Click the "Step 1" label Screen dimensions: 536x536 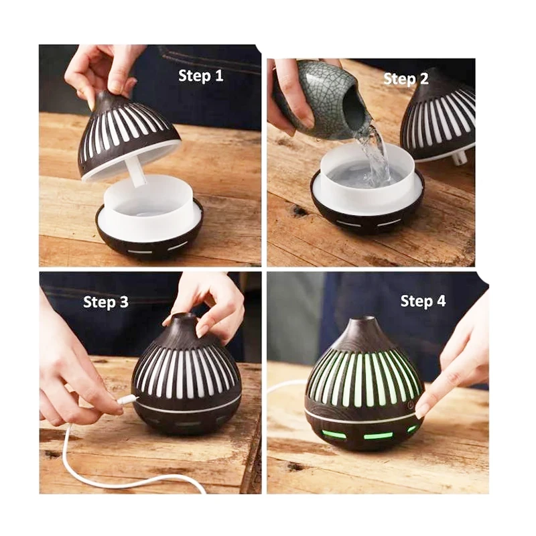coord(200,76)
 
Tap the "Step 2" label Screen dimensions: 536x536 coord(406,79)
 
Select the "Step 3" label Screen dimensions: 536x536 coord(106,302)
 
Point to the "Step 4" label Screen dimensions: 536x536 coord(423,301)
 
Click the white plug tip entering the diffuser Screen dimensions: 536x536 coord(128,399)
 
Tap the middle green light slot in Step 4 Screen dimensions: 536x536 coord(378,436)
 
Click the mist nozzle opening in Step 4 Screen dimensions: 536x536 coord(363,320)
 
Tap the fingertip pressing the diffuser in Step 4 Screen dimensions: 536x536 coord(421,408)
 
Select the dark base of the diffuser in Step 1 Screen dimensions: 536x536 coord(149,232)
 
